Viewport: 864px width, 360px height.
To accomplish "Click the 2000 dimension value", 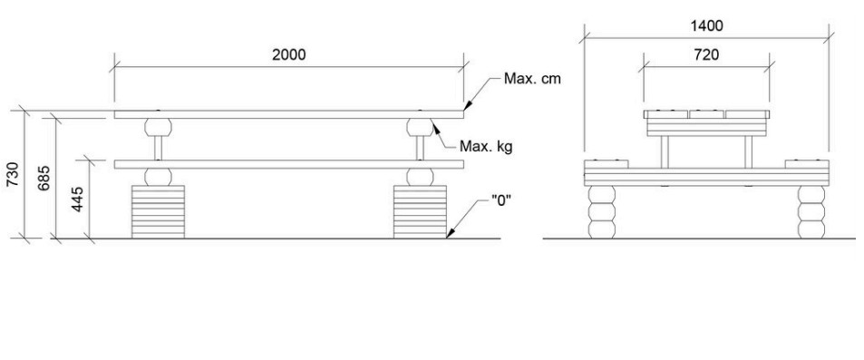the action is (288, 55).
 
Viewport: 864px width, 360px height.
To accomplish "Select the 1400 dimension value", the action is (706, 26).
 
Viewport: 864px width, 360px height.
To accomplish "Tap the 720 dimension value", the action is (706, 55).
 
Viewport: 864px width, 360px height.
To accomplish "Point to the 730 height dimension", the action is (14, 174).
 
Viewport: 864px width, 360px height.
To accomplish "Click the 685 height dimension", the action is (44, 178).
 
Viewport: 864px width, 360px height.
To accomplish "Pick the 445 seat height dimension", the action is (78, 199).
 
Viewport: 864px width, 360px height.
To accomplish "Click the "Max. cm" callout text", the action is (532, 79).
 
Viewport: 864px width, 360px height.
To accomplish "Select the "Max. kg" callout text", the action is (486, 147).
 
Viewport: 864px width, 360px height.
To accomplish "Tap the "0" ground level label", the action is (501, 199).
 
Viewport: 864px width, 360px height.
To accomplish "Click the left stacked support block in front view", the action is (158, 212).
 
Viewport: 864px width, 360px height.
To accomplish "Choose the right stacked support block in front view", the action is (420, 212).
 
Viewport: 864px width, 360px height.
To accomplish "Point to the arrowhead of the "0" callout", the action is (449, 236).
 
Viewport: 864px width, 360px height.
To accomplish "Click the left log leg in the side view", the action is (602, 212).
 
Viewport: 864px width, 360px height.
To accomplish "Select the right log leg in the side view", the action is (811, 212).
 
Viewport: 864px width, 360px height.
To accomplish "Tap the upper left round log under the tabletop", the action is (158, 127).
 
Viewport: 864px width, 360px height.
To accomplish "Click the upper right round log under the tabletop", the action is (420, 127).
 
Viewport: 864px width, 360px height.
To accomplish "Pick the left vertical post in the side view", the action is (665, 152).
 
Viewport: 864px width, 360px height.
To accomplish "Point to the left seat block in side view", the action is (607, 164).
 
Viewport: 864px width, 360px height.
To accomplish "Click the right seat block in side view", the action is (807, 164).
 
